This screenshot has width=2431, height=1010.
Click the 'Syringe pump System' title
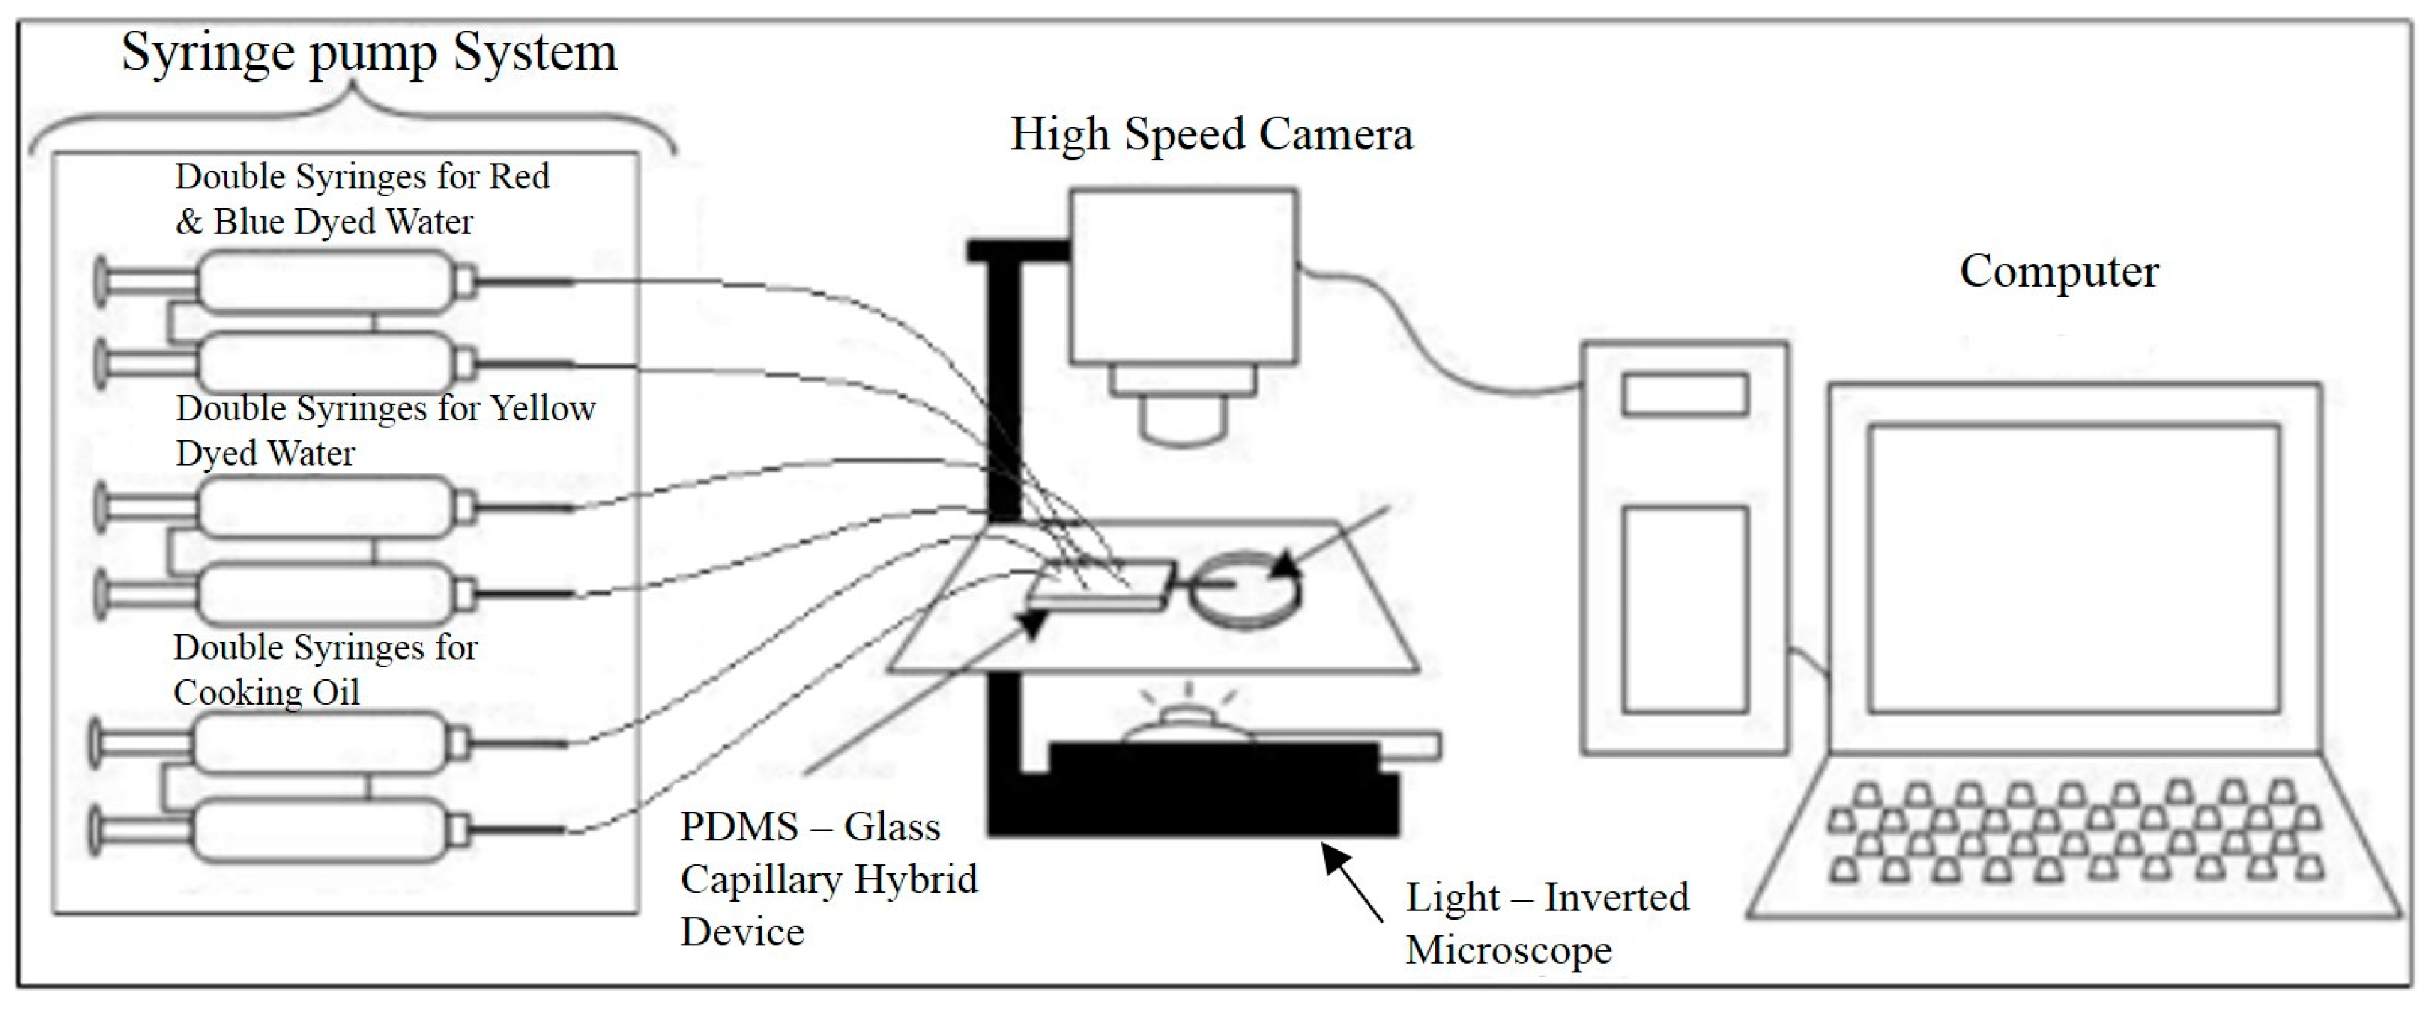pos(369,53)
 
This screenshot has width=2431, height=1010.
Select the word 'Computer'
pos(2059,272)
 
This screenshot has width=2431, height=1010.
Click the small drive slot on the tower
pos(1685,395)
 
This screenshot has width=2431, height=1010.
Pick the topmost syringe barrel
pos(326,281)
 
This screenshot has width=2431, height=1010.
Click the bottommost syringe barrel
pos(321,831)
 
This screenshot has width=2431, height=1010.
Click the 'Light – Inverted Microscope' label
pos(1546,923)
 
